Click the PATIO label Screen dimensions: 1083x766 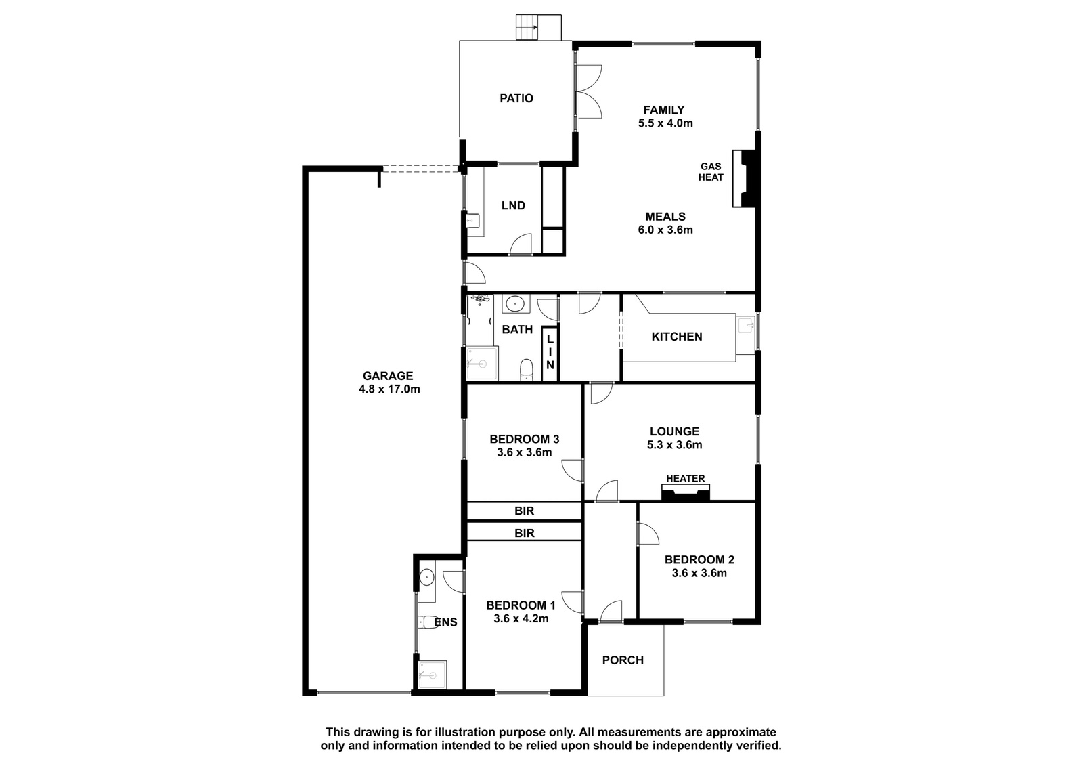(x=516, y=98)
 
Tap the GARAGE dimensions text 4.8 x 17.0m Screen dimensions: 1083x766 (x=389, y=389)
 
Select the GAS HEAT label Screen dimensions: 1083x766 (x=710, y=172)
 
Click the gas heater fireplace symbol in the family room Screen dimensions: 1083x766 (x=745, y=179)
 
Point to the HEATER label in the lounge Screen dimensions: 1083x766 (x=685, y=479)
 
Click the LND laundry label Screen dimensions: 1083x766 (x=513, y=206)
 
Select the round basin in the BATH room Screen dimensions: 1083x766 (x=516, y=304)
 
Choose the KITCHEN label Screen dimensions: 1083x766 (x=676, y=337)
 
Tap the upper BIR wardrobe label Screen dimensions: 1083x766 (x=524, y=511)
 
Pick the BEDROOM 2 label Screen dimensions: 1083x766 (x=699, y=560)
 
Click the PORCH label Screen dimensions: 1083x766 (x=623, y=660)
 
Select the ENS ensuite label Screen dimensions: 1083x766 (x=446, y=622)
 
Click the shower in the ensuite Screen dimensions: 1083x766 (x=433, y=675)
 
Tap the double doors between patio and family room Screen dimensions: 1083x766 (x=588, y=91)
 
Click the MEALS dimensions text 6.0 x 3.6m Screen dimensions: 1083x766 (x=665, y=230)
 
